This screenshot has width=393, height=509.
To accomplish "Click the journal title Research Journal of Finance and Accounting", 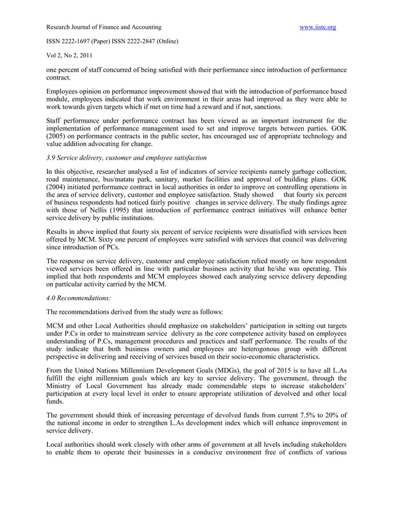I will tap(104, 27).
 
